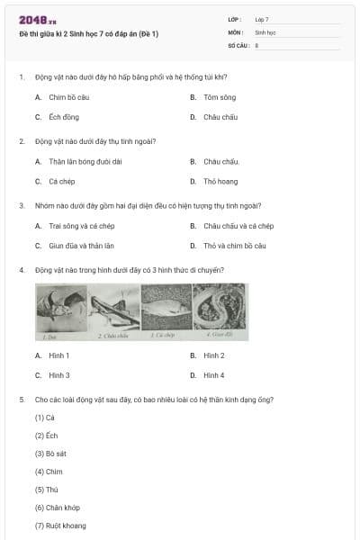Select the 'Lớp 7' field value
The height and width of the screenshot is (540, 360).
[x=262, y=19]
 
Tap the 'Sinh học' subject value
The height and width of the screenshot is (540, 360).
[x=265, y=31]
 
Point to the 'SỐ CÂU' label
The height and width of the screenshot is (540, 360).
[x=238, y=44]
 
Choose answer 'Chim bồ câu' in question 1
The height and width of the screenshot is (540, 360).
[x=69, y=97]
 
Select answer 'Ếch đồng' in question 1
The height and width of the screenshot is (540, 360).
[x=64, y=117]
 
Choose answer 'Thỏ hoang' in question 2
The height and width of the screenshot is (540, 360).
[x=220, y=182]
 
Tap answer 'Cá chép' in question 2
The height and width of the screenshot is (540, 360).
[x=63, y=182]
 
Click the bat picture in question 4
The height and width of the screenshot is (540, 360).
[x=61, y=310]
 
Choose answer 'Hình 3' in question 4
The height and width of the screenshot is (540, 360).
[x=59, y=375]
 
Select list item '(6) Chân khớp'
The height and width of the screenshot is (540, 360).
[x=53, y=508]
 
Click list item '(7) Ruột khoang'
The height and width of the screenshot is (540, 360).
[x=55, y=526]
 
